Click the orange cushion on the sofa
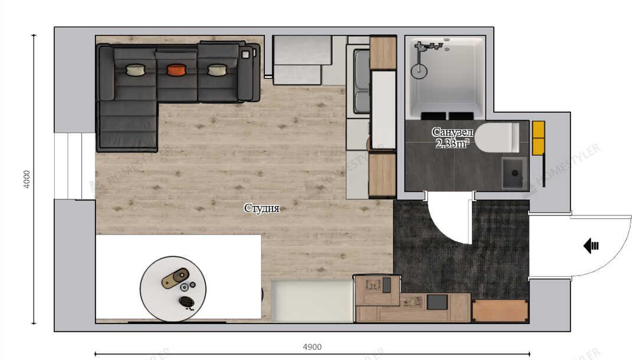pos(177,70)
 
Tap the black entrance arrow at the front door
pos(591,246)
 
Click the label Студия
pos(262,208)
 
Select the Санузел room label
pos(452,132)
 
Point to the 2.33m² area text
pos(452,143)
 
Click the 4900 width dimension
pos(312,347)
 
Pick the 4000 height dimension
pos(27,179)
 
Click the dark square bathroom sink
pos(515,173)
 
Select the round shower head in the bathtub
pos(419,71)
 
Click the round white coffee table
pos(173,289)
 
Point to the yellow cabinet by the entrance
pos(539,138)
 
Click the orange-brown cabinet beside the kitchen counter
pos(500,310)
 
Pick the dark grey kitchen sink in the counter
pos(437,302)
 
